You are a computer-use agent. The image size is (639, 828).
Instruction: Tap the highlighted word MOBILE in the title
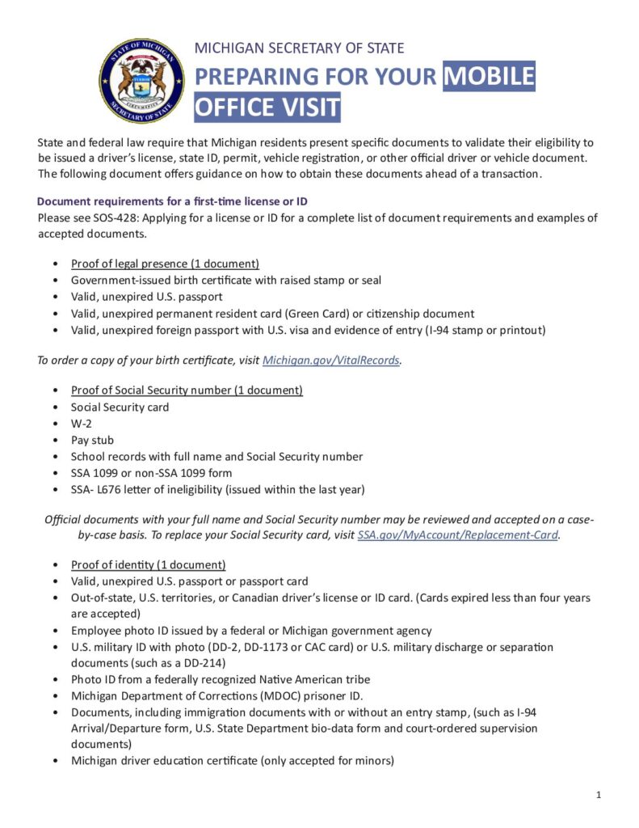click(x=490, y=76)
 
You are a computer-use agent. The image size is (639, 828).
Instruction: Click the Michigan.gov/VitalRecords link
click(x=331, y=361)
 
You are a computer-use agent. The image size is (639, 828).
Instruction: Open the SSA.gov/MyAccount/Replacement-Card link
click(x=458, y=535)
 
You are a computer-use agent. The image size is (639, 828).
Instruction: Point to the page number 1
click(x=599, y=796)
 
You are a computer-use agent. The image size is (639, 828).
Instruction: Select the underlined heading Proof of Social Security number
click(x=187, y=391)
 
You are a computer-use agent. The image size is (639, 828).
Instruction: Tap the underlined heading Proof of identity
click(x=148, y=564)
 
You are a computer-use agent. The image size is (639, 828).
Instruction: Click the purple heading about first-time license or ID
click(x=172, y=201)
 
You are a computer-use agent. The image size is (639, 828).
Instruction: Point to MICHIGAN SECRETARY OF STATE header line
click(x=299, y=48)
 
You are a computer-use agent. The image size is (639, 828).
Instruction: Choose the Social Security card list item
click(x=120, y=408)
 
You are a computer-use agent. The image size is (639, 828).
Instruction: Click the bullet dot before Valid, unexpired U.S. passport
click(x=54, y=297)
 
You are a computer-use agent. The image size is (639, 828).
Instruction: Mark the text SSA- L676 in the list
click(x=96, y=488)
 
